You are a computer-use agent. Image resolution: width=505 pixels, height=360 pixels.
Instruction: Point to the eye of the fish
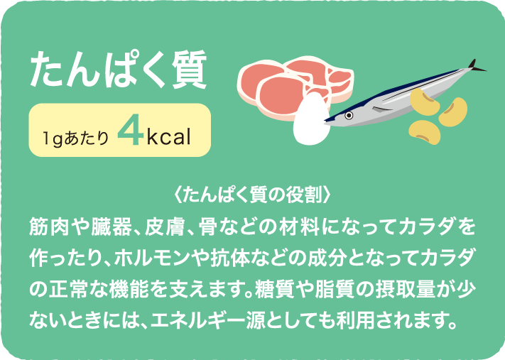(349, 115)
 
